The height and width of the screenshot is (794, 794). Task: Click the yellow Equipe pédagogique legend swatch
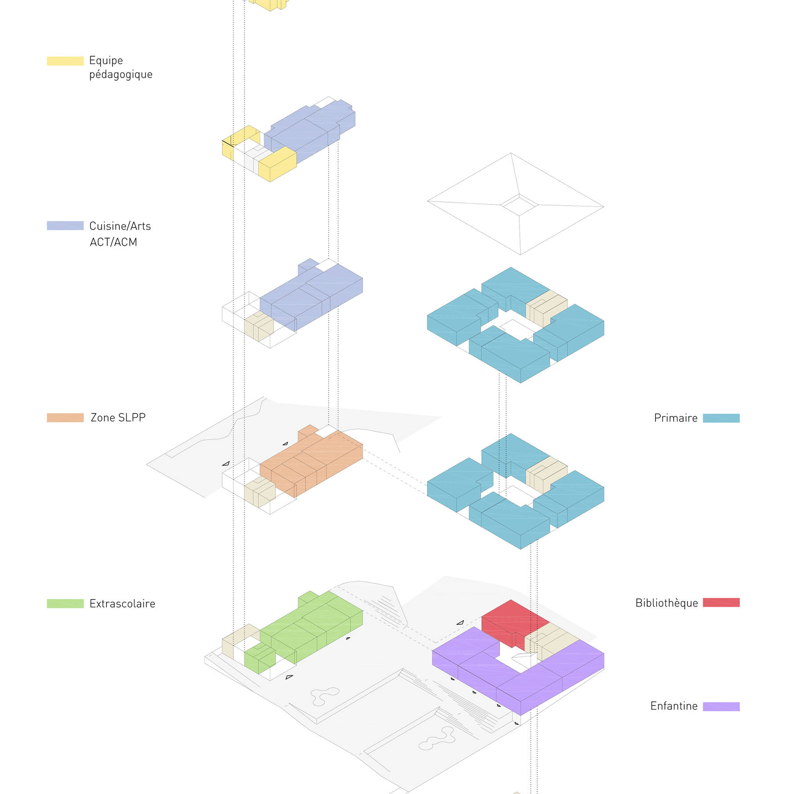click(x=65, y=61)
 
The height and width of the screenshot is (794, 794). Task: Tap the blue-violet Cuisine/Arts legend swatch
click(x=65, y=226)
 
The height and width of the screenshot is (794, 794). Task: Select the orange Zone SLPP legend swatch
click(x=65, y=418)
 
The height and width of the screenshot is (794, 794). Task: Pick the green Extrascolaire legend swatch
click(x=65, y=603)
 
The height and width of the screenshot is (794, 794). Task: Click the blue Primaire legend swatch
click(x=721, y=418)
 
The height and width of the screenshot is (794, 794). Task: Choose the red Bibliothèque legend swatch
click(x=721, y=603)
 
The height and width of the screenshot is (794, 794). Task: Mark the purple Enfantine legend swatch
click(x=721, y=706)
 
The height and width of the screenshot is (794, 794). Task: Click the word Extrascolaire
click(x=122, y=603)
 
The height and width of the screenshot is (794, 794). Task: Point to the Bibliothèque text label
click(x=667, y=603)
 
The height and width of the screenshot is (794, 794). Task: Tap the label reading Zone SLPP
click(x=118, y=418)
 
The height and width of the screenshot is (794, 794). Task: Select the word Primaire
click(x=676, y=418)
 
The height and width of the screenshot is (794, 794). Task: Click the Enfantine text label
click(x=674, y=706)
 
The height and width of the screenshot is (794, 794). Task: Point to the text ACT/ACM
click(x=114, y=242)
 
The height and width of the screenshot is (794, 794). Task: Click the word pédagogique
click(x=121, y=74)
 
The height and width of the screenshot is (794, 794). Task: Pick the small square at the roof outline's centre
click(x=519, y=205)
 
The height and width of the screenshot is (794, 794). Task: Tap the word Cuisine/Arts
click(x=120, y=226)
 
